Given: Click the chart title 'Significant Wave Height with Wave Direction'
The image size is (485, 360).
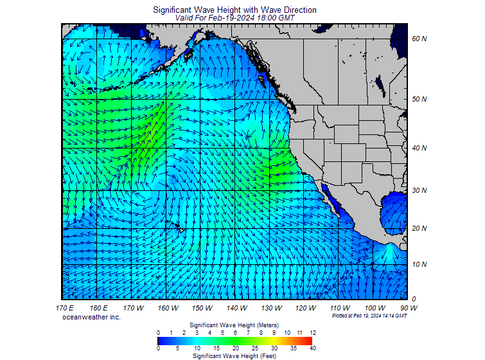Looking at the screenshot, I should [x=234, y=10].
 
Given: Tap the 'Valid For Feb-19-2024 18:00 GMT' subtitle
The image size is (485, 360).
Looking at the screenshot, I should [x=234, y=19].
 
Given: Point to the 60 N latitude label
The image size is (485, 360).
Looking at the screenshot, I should [x=419, y=39].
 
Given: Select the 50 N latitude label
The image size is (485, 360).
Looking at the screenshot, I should [x=419, y=100].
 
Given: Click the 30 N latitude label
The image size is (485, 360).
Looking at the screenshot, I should [x=419, y=191].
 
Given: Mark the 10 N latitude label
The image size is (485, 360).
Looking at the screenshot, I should [x=419, y=265].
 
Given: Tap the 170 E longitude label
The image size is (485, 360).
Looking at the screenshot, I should [x=65, y=309].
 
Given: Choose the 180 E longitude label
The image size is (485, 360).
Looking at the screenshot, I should [x=99, y=309].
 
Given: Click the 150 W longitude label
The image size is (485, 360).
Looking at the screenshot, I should [x=202, y=309].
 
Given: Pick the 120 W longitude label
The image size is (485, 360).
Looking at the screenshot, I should [x=306, y=309].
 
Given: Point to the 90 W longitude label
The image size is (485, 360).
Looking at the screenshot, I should [x=409, y=309].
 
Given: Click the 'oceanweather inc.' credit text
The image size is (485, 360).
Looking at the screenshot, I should [x=91, y=318].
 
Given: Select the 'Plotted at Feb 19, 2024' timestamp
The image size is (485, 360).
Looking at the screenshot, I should [x=369, y=316].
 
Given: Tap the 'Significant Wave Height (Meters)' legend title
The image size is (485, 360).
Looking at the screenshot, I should [x=234, y=325].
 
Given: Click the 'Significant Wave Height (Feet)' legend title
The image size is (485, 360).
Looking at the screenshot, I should [x=234, y=355].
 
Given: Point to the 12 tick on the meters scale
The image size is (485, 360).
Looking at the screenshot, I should [x=313, y=332].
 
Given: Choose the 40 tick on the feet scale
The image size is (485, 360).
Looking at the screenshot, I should [x=313, y=348].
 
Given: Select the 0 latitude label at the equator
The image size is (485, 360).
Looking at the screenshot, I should [x=414, y=300].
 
